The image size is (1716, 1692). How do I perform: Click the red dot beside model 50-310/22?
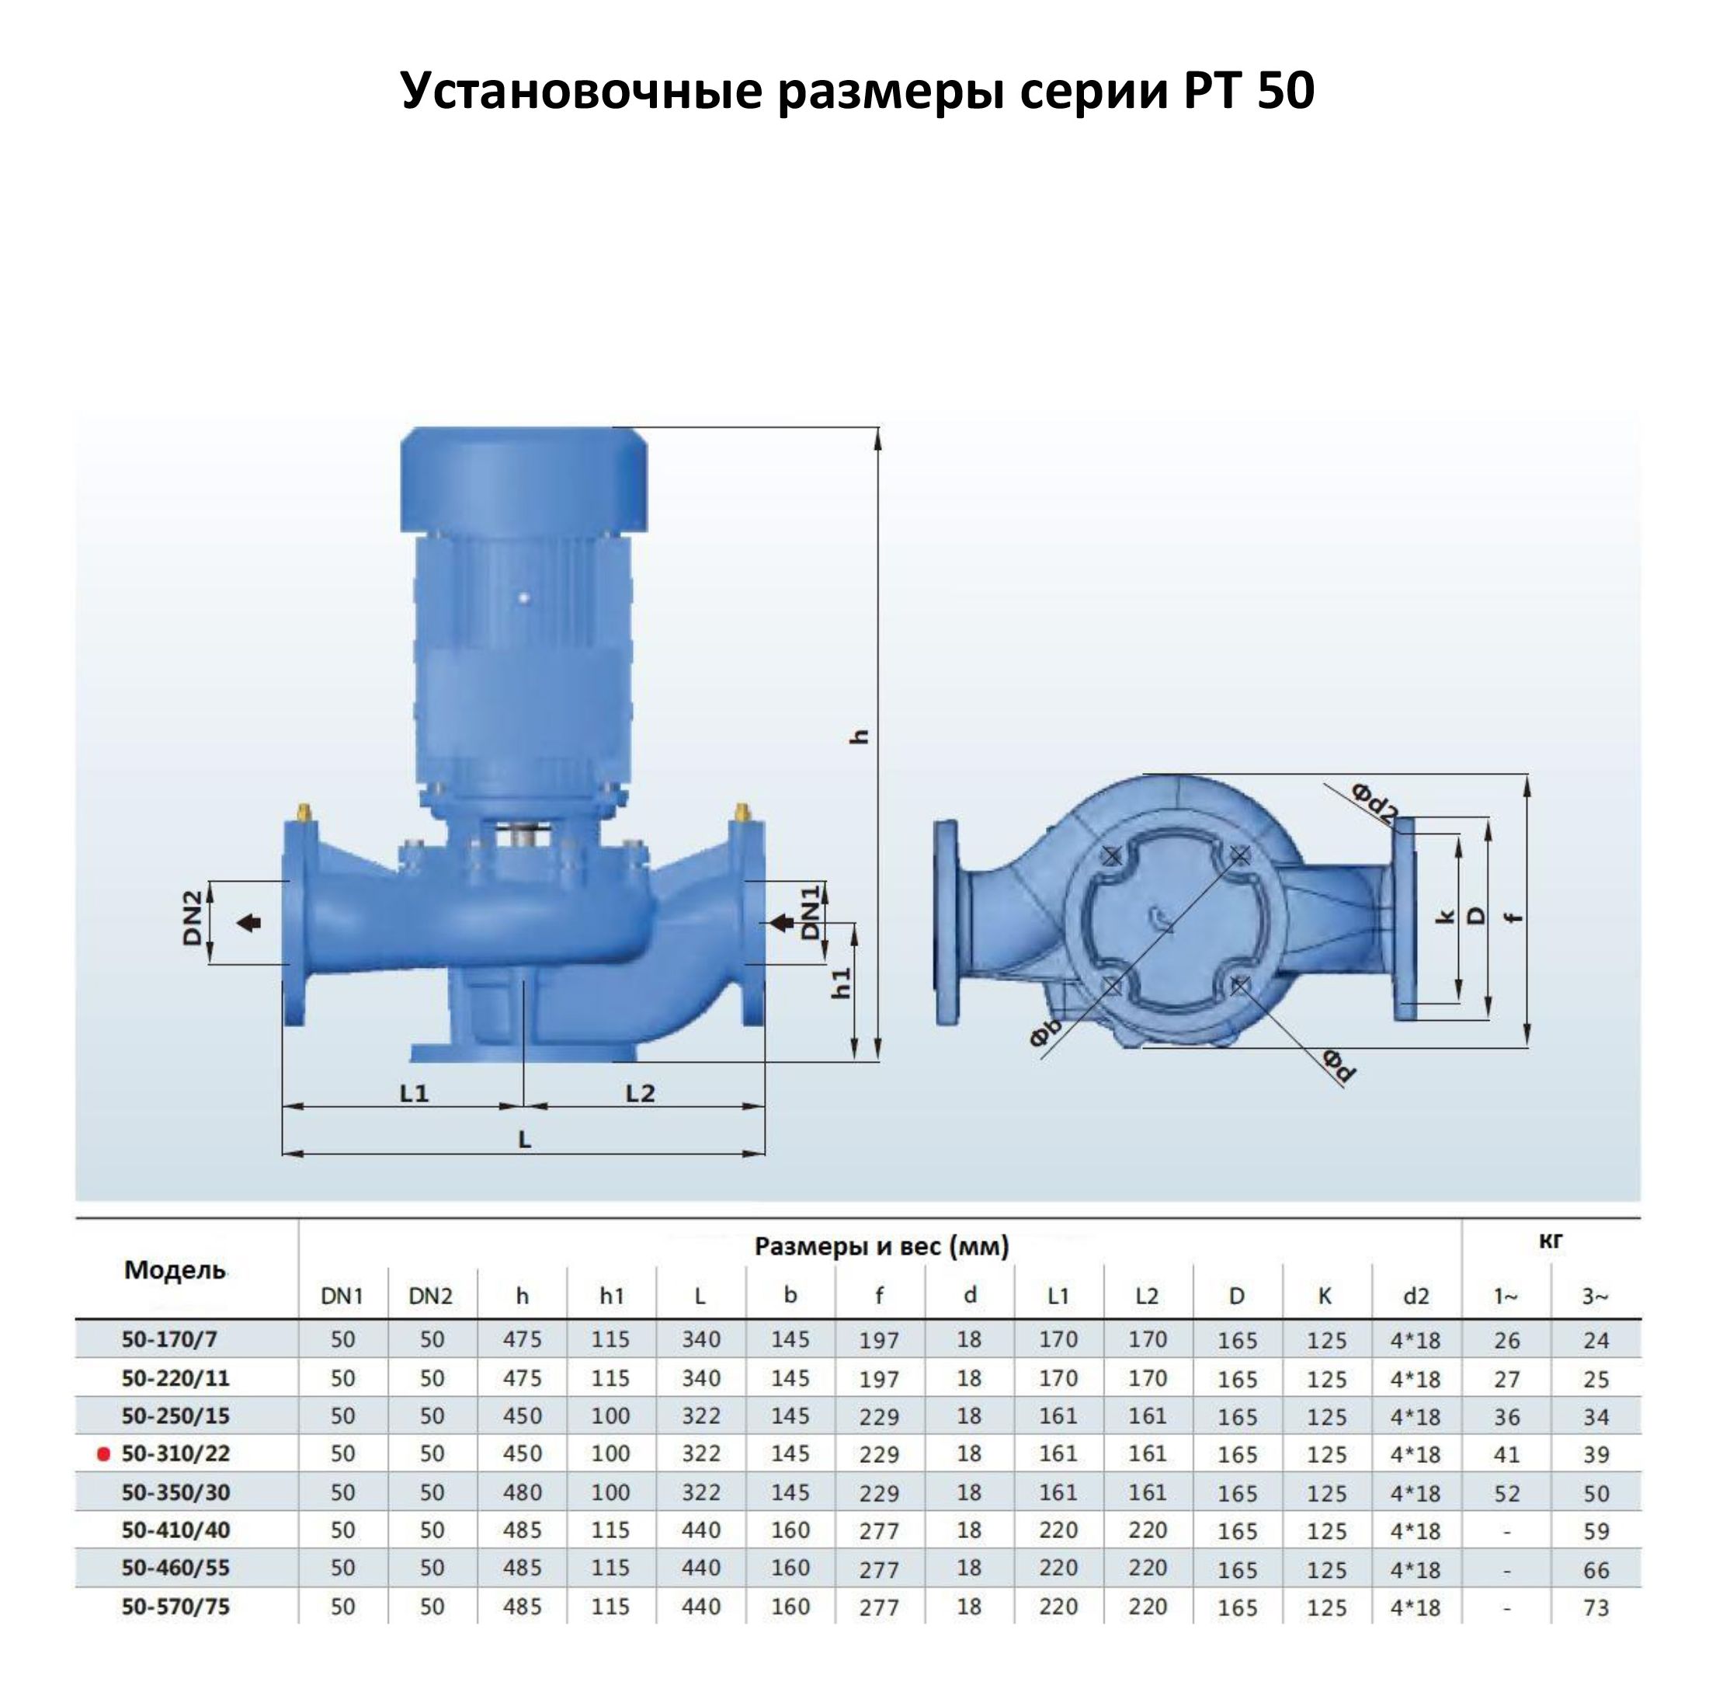tap(104, 1455)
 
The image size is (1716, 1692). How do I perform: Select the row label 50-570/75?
tap(175, 1607)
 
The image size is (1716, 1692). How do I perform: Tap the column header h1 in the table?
tap(611, 1297)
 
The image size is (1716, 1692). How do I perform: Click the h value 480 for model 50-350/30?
tap(523, 1493)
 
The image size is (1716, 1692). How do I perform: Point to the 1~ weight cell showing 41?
tap(1506, 1455)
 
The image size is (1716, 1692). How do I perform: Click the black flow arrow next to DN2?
tap(249, 924)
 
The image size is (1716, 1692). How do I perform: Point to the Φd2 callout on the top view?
tap(1374, 803)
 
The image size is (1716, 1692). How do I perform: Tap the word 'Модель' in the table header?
tap(175, 1270)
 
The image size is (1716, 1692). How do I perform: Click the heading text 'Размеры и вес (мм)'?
tap(881, 1247)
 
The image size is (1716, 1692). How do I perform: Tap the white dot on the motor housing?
tap(524, 599)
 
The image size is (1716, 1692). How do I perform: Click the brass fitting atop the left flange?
tap(304, 813)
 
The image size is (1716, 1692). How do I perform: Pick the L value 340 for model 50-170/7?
tap(701, 1339)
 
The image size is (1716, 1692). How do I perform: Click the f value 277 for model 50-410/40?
tap(879, 1531)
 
